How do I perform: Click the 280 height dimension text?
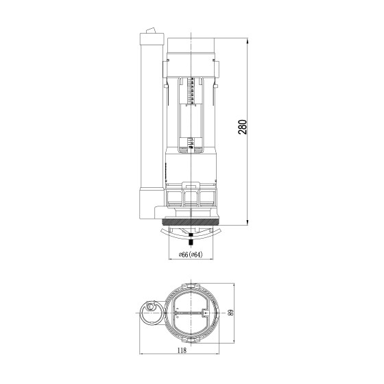(x=242, y=127)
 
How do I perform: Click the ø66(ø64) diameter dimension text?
(x=191, y=254)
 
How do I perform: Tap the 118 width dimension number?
(x=182, y=350)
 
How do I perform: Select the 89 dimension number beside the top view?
(x=231, y=313)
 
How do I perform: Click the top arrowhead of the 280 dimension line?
(x=248, y=41)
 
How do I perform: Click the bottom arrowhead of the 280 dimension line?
(x=248, y=222)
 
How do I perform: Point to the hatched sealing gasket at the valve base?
(x=191, y=222)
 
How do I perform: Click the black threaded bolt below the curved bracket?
(x=191, y=239)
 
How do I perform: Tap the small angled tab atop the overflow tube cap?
(x=150, y=31)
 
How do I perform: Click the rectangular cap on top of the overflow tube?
(x=152, y=38)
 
